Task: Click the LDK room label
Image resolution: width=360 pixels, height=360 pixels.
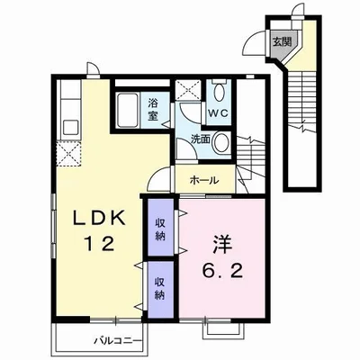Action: (x=99, y=219)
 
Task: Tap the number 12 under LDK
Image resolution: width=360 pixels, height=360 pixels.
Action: (x=100, y=244)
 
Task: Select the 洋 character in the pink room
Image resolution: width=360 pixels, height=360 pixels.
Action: (x=222, y=244)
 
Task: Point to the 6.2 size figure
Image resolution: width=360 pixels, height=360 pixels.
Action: (x=222, y=271)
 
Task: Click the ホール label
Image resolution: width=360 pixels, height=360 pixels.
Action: (x=204, y=181)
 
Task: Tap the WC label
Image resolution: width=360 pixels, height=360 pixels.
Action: (x=219, y=113)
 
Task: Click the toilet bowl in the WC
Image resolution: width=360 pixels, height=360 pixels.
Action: (x=220, y=92)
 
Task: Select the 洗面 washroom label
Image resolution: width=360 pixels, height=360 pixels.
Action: (x=201, y=139)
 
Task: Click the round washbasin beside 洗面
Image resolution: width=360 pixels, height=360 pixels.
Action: (x=222, y=142)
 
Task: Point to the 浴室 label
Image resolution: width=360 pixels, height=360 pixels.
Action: (x=153, y=110)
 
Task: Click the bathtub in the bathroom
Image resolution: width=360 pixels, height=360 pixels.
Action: (x=128, y=110)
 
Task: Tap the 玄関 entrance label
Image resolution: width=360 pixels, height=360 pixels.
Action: (x=282, y=42)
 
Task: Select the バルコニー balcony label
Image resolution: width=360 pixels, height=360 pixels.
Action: (x=118, y=340)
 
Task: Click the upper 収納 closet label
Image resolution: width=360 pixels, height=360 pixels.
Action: (x=161, y=229)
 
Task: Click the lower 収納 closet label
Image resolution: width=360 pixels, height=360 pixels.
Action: (x=160, y=289)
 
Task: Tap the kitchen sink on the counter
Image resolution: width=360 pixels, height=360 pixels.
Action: (x=70, y=128)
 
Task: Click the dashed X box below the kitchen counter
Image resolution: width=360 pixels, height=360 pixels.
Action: (x=69, y=154)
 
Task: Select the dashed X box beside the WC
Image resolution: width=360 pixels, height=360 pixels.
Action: (x=188, y=90)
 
